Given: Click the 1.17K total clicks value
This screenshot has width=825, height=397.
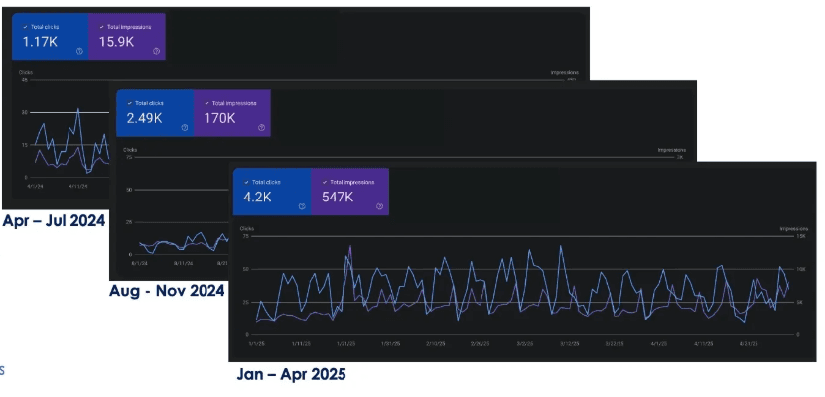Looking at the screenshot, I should click(41, 41).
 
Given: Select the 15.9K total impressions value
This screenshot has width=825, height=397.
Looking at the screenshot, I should click(116, 41).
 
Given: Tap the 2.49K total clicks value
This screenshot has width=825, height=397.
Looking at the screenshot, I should click(146, 118).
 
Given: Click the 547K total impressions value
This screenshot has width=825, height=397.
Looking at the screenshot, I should click(338, 197).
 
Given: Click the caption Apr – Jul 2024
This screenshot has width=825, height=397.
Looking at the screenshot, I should click(54, 220).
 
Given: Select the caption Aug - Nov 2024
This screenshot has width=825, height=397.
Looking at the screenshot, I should click(167, 292).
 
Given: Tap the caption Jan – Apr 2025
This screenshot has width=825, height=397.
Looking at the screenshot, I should click(292, 375).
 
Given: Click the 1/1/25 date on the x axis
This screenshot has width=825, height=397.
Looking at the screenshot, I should click(256, 343).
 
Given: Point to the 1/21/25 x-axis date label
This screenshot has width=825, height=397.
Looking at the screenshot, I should click(344, 343).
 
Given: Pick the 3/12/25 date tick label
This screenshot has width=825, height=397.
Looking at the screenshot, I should click(569, 343).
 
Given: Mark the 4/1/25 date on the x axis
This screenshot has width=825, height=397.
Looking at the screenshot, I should click(658, 343).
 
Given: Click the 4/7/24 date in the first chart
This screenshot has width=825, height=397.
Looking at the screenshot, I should click(35, 185).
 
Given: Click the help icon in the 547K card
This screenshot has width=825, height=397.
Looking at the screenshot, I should click(379, 207).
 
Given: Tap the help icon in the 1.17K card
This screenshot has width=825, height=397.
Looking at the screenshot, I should click(79, 50).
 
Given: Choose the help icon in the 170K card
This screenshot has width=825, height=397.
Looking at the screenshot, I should click(261, 128).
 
